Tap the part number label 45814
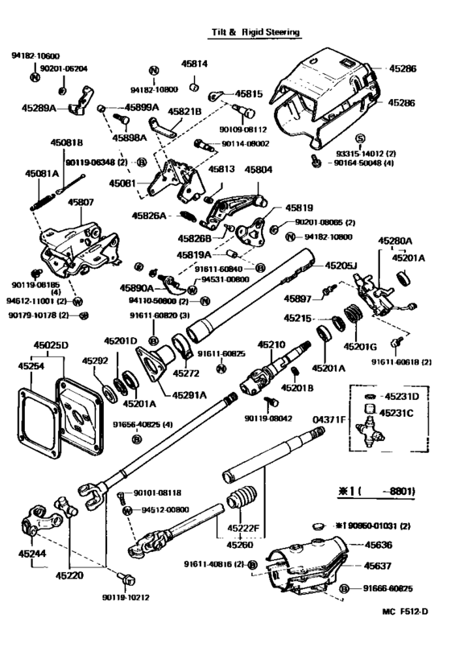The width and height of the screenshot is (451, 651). pyautogui.click(x=198, y=64)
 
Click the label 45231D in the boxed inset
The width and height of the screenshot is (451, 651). pyautogui.click(x=400, y=396)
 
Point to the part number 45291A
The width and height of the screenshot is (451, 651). pyautogui.click(x=188, y=394)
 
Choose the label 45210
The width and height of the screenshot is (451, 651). pyautogui.click(x=271, y=344)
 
